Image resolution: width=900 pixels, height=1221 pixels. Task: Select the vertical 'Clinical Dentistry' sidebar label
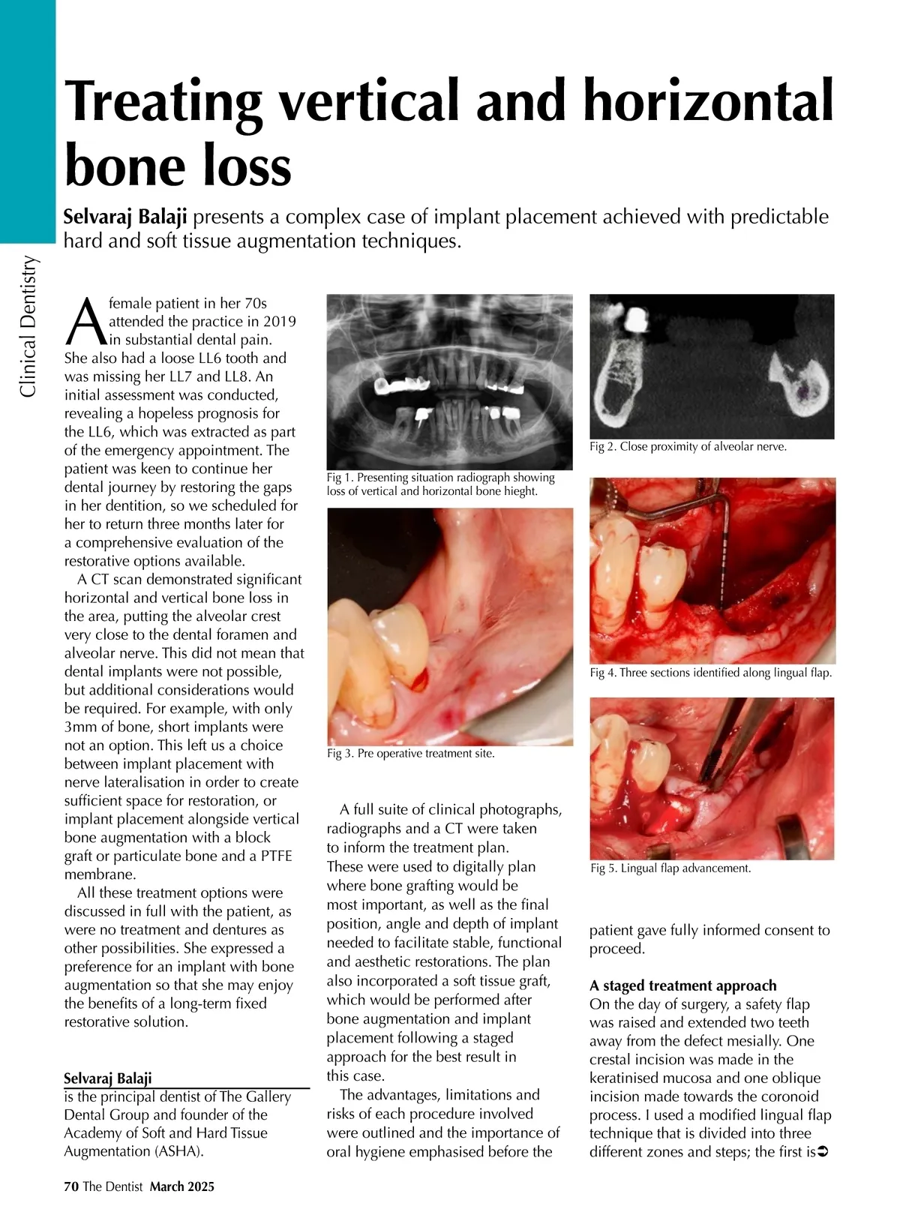28,326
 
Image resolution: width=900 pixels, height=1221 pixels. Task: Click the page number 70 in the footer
71,1186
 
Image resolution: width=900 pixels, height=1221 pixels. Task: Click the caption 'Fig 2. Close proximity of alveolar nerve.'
688,446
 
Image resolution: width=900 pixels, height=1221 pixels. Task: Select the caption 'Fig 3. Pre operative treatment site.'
411,753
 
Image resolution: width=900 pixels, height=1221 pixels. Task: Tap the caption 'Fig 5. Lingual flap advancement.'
670,868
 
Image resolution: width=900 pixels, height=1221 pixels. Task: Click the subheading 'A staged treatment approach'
683,985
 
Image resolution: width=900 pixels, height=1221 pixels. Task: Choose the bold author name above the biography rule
108,1078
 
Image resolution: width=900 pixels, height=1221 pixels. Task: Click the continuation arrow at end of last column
823,1151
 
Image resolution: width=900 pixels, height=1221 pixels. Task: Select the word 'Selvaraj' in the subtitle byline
98,217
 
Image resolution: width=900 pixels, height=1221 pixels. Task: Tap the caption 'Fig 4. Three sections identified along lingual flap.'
711,673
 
